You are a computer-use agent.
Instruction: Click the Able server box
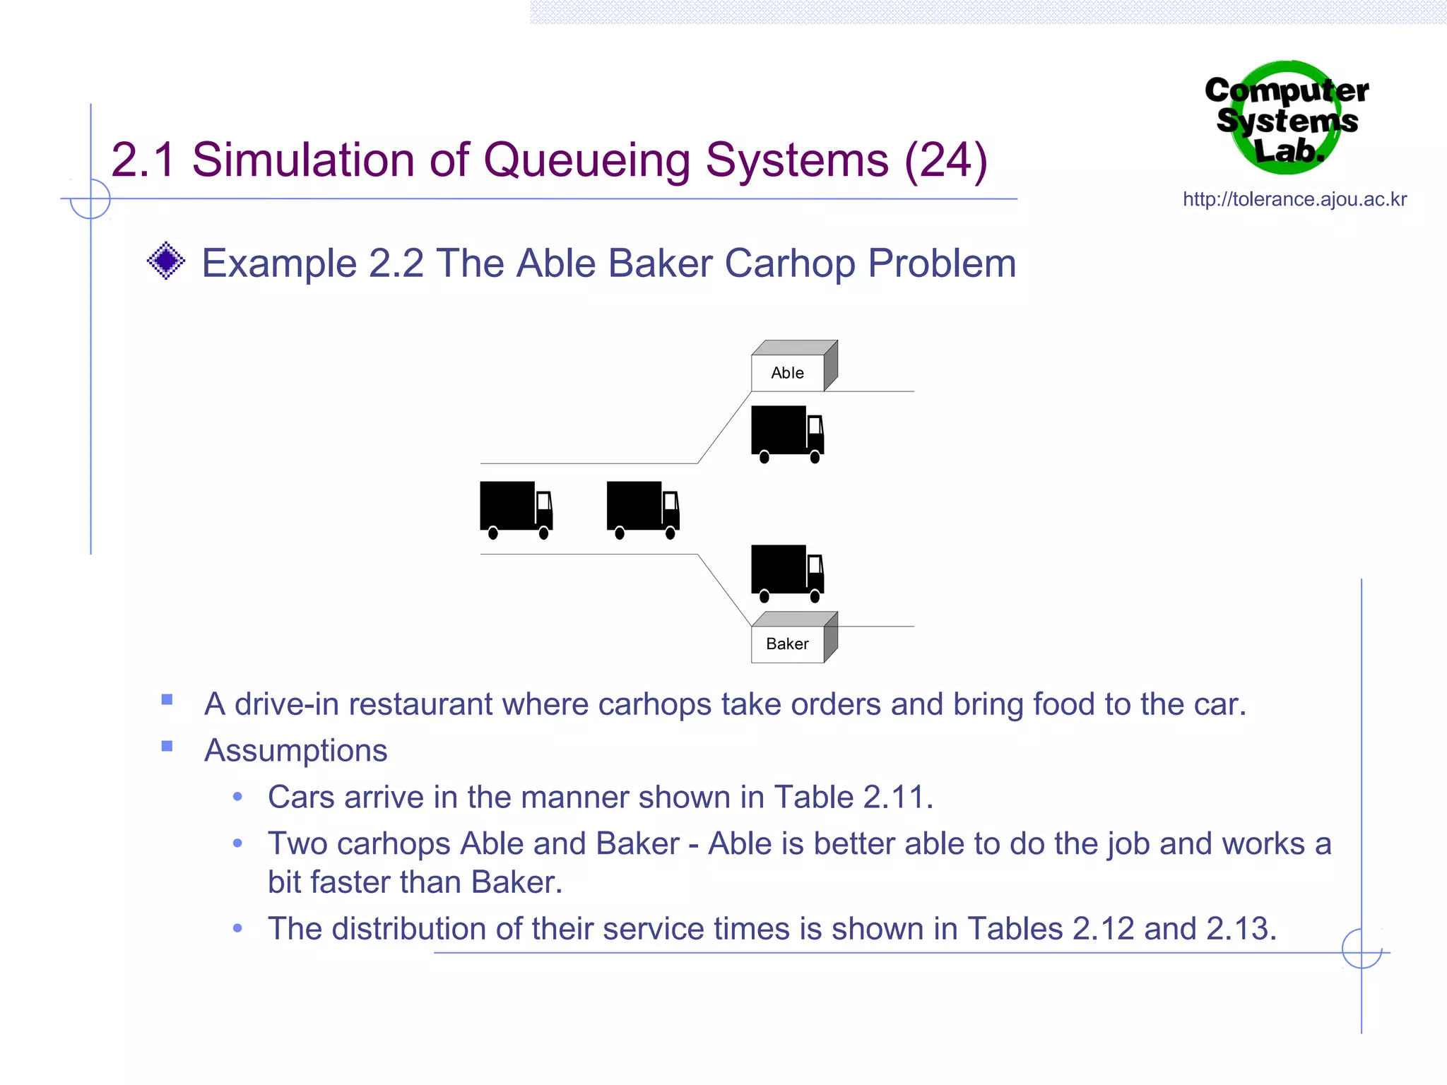tap(788, 372)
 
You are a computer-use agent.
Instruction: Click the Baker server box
tap(788, 644)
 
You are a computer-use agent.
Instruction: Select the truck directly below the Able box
tap(787, 433)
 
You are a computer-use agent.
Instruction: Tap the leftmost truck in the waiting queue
tap(516, 509)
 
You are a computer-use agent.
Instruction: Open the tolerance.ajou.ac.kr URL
tap(1294, 200)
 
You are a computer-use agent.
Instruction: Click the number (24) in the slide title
tap(945, 160)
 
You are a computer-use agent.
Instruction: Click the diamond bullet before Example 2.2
tap(166, 261)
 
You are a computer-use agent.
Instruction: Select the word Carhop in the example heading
tap(791, 264)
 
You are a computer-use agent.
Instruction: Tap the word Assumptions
tap(295, 750)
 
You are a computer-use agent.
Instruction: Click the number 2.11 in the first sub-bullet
tap(894, 798)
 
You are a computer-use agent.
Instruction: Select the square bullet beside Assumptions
tap(167, 747)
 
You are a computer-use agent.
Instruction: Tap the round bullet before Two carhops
tap(238, 843)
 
